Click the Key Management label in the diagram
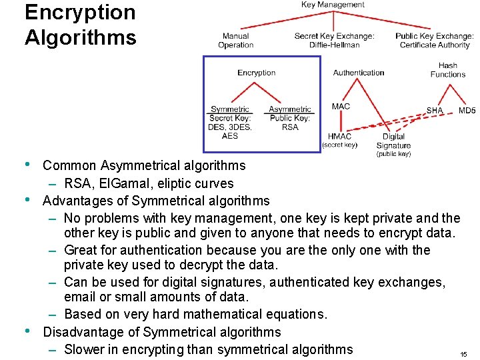coord(333,5)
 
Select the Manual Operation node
coord(235,41)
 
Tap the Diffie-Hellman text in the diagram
coord(334,45)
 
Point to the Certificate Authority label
coord(434,45)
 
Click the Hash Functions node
coord(448,70)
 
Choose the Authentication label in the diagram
coord(358,73)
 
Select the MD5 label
coord(467,110)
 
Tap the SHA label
coord(435,110)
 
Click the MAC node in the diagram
coord(341,106)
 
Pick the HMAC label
coord(340,137)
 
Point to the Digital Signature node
coord(393,141)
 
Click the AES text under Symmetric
coord(229,136)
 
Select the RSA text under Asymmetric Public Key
coord(290,127)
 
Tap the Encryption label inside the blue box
coord(256,73)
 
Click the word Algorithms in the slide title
coord(80,37)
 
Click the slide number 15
coord(463,355)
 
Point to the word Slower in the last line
coord(85,349)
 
